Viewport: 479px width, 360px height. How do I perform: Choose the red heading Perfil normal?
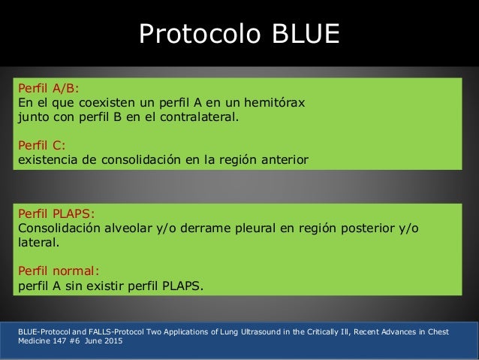(x=58, y=269)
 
